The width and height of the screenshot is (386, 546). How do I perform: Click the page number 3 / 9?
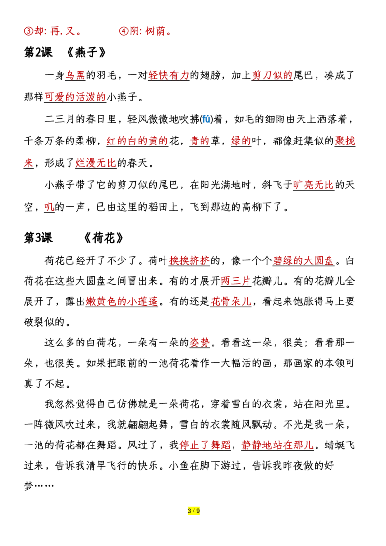pyautogui.click(x=193, y=511)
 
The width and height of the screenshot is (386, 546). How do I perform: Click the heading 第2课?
pyautogui.click(x=38, y=53)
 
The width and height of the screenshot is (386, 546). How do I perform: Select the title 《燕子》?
pyautogui.click(x=86, y=53)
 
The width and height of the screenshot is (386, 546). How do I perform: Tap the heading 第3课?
pyautogui.click(x=38, y=238)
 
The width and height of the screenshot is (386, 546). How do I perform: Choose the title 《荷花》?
pyautogui.click(x=104, y=238)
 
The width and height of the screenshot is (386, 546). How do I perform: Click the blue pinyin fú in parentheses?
pyautogui.click(x=206, y=119)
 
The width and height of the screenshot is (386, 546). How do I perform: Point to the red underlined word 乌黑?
pyautogui.click(x=75, y=75)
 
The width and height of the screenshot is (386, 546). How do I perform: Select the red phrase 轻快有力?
pyautogui.click(x=169, y=75)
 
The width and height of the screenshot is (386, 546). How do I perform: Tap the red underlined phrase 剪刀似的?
pyautogui.click(x=272, y=75)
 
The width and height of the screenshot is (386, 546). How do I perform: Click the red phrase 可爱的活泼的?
pyautogui.click(x=75, y=97)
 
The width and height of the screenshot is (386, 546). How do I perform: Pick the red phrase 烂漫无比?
pyautogui.click(x=96, y=163)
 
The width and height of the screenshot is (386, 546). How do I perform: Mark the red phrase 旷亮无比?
pyautogui.click(x=314, y=185)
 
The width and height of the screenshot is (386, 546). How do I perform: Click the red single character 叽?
pyautogui.click(x=49, y=207)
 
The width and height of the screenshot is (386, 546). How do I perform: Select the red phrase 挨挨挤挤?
pyautogui.click(x=190, y=261)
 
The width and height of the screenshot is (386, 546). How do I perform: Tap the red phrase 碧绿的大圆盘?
pyautogui.click(x=303, y=261)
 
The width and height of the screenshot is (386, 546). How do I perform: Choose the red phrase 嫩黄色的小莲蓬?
pyautogui.click(x=122, y=302)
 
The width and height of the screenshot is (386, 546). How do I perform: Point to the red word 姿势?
pyautogui.click(x=200, y=343)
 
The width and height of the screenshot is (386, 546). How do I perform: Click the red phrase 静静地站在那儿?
pyautogui.click(x=277, y=445)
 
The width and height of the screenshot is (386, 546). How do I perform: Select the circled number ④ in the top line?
pyautogui.click(x=124, y=31)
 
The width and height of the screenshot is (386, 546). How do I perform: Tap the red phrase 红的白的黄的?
pyautogui.click(x=138, y=141)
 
